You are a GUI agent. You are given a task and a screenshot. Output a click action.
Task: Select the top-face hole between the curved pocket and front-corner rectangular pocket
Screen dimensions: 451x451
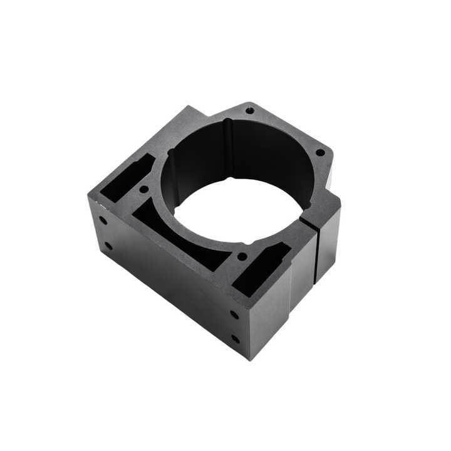[242, 256]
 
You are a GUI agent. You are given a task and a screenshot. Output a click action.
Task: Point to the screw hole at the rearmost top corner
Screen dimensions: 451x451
[250, 111]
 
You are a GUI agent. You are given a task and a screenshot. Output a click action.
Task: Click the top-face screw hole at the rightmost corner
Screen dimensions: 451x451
[320, 152]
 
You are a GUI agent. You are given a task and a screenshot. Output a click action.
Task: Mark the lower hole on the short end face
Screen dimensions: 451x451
[108, 246]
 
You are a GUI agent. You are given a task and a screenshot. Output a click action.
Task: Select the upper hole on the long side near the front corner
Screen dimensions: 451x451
[234, 314]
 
